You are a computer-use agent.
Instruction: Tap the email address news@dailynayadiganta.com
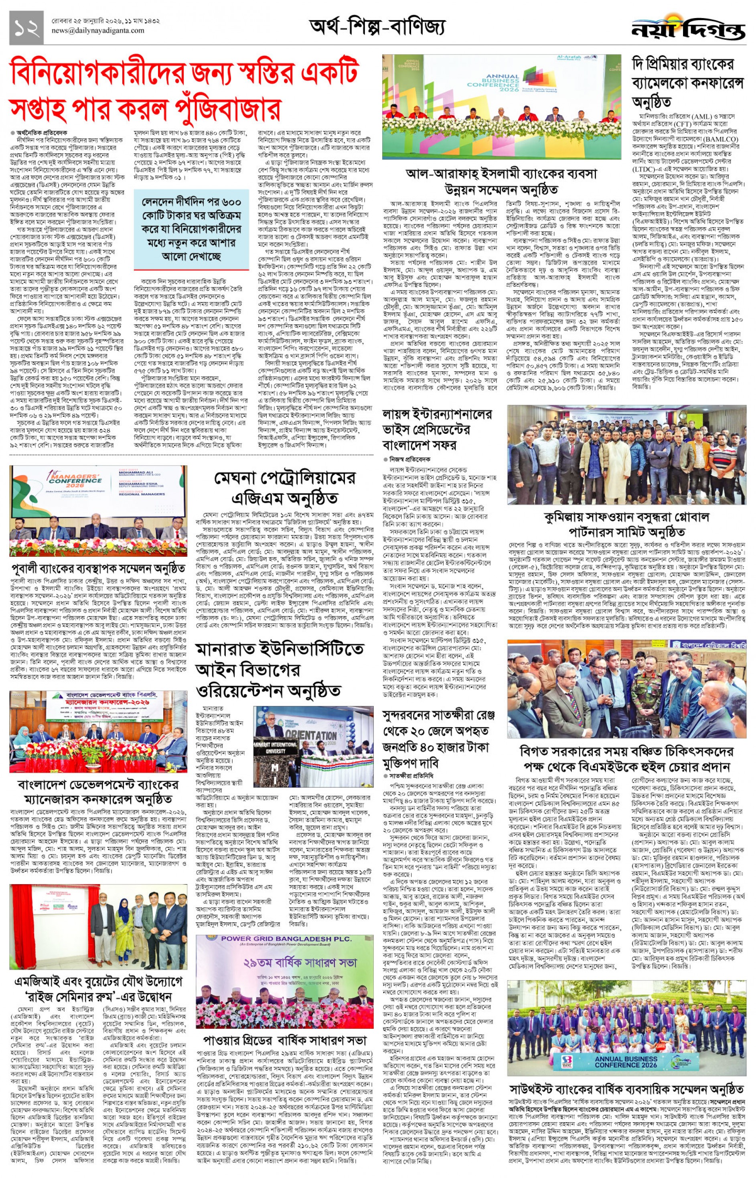point(98,31)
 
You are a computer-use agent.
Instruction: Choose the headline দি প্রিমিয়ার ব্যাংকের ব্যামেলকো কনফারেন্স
point(688,83)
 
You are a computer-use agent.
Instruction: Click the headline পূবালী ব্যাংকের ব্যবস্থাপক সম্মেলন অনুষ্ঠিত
point(98,569)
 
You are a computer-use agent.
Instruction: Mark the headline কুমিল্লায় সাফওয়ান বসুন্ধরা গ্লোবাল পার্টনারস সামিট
point(627,524)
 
